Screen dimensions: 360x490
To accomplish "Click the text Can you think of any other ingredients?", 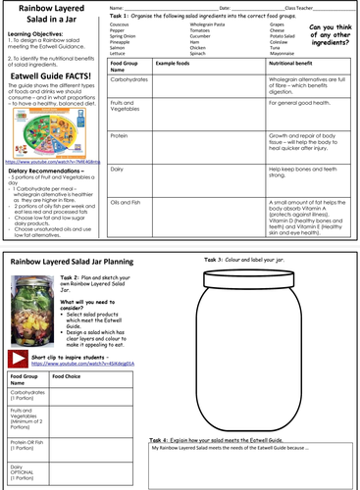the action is [x=329, y=35].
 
